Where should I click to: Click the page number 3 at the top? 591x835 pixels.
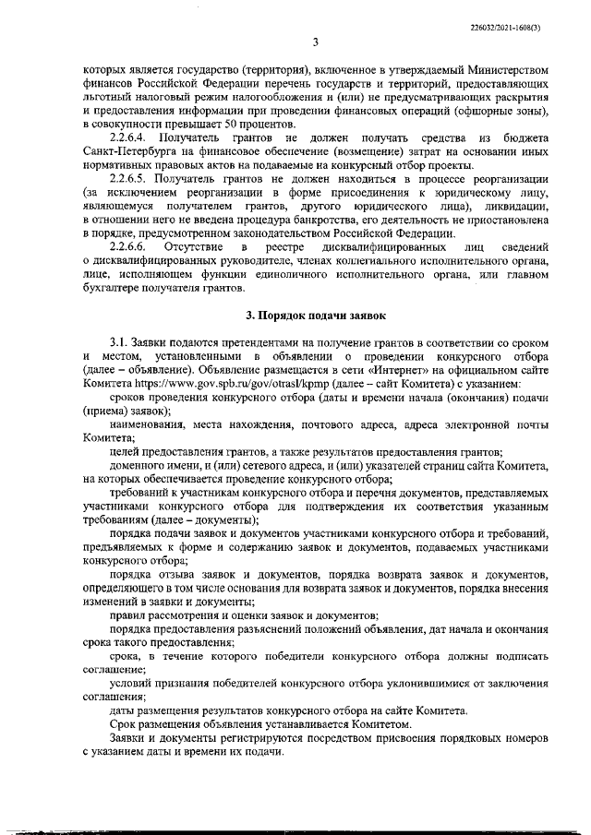click(x=314, y=42)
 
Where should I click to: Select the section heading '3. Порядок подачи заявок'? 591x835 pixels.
click(x=313, y=316)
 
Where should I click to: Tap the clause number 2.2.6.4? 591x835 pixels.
click(x=130, y=137)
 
